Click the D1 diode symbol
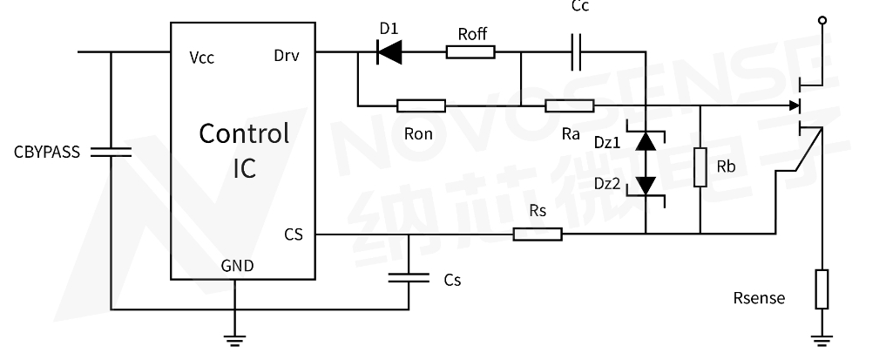coord(389,52)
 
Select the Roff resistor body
coord(470,52)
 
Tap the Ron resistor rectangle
coord(421,106)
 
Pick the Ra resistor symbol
coord(570,106)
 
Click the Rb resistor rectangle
coord(700,167)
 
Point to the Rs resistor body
coord(538,234)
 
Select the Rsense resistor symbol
coord(822,289)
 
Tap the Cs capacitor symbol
coord(409,278)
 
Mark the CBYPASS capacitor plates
coord(111,152)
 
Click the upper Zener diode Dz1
coord(646,141)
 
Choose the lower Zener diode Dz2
coord(646,185)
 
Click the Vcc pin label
coord(201,58)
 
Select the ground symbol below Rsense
coord(822,340)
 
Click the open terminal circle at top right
coord(822,19)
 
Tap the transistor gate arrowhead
coord(795,106)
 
